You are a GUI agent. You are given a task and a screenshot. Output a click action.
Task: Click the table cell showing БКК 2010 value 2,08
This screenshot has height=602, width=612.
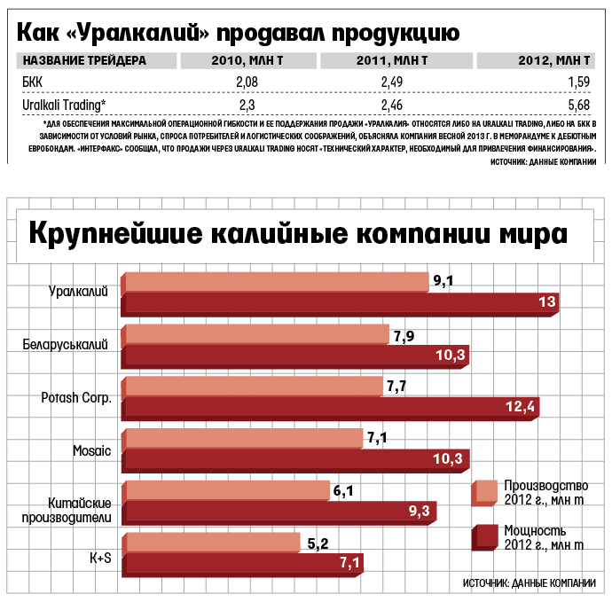coord(246,82)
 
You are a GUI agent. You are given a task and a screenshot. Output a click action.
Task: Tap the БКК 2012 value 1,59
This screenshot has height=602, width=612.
coord(577,82)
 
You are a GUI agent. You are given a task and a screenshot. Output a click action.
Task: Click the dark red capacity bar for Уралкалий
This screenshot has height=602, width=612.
coord(341,304)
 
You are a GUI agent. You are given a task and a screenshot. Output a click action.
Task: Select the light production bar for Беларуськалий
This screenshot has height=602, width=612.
coord(257,335)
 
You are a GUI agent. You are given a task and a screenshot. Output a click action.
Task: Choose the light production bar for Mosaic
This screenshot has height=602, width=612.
coord(244,438)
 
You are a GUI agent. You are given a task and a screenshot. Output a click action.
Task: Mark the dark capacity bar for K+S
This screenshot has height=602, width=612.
coord(243,562)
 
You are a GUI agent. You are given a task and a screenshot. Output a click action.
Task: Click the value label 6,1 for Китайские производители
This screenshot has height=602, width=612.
coord(343,489)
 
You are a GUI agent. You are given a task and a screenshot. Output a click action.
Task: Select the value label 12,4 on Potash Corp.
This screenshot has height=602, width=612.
coord(520,407)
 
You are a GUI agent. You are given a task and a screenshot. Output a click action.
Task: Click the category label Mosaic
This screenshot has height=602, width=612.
coord(91,451)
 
